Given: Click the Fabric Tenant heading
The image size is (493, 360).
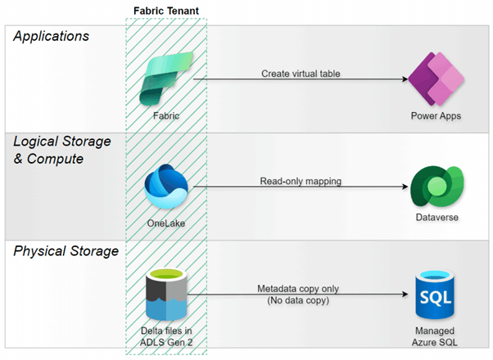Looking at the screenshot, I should click(165, 11).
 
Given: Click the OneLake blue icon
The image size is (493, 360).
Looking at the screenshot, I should click(165, 187).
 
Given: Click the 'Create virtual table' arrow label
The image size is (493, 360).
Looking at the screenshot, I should click(301, 73).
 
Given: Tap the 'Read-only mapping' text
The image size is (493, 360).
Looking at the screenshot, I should click(300, 181).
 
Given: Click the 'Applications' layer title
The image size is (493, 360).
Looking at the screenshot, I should click(52, 37).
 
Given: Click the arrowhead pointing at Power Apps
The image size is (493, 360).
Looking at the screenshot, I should click(405, 79).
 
